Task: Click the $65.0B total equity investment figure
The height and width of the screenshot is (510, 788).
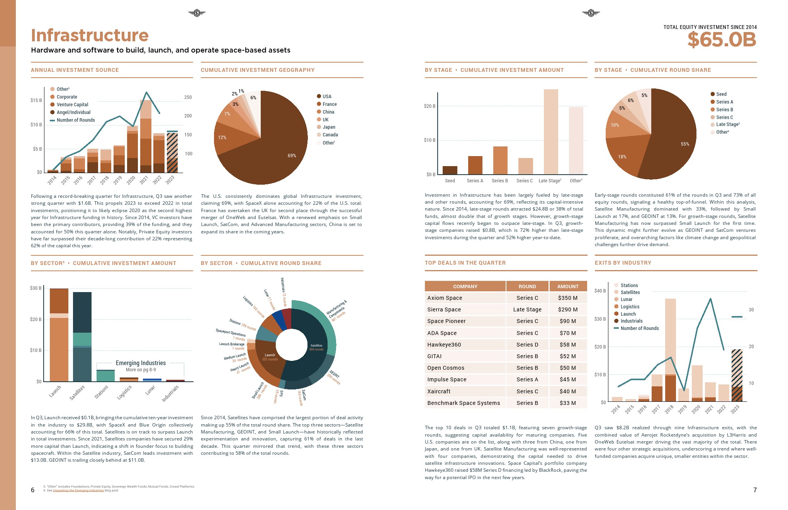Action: pyautogui.click(x=722, y=39)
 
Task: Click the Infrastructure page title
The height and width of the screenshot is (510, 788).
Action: pyautogui.click(x=90, y=35)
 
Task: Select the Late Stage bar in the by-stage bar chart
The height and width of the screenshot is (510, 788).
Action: pyautogui.click(x=551, y=131)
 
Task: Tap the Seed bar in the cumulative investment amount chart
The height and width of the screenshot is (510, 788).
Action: pyautogui.click(x=450, y=170)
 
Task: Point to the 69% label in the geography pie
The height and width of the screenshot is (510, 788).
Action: pyautogui.click(x=292, y=156)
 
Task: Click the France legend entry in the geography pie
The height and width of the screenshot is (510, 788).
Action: pyautogui.click(x=329, y=104)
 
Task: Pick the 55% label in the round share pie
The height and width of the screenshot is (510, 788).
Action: pyautogui.click(x=685, y=144)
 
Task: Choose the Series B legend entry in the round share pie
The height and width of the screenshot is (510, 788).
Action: pyautogui.click(x=724, y=110)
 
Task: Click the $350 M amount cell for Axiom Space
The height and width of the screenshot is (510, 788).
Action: pyautogui.click(x=568, y=298)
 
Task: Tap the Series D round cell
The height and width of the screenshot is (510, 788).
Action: pyautogui.click(x=527, y=345)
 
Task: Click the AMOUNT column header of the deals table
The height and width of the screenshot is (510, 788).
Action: pyautogui.click(x=568, y=286)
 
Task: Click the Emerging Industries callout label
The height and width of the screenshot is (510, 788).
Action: pyautogui.click(x=141, y=363)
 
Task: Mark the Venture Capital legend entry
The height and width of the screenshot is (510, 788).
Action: pyautogui.click(x=72, y=105)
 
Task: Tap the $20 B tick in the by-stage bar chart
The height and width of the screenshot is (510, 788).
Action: pyautogui.click(x=430, y=106)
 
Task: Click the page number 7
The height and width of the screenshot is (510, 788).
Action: pyautogui.click(x=755, y=490)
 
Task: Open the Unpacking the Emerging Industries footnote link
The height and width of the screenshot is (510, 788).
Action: pyautogui.click(x=78, y=491)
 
